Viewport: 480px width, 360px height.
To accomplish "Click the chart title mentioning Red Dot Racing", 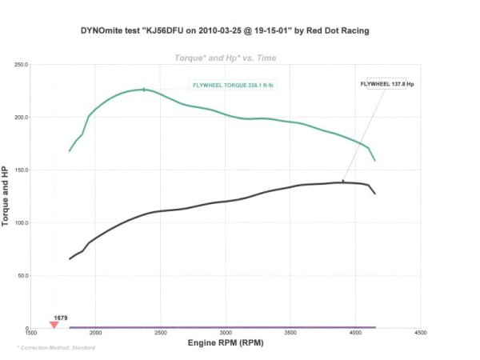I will [225, 31].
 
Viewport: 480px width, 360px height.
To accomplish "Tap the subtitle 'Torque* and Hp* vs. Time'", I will [226, 58].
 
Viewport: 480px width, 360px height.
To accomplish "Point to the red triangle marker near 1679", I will [54, 325].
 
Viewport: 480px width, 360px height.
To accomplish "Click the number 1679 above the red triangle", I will [61, 318].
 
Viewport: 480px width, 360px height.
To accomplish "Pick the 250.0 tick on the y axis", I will [21, 64].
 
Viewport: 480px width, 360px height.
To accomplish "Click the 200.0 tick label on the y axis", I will [21, 117].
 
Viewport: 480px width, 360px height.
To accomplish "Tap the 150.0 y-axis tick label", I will [21, 170].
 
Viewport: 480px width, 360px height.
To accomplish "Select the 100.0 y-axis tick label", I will [21, 222].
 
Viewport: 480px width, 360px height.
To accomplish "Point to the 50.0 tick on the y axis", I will [22, 275].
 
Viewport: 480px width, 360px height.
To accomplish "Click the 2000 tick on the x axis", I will [96, 334].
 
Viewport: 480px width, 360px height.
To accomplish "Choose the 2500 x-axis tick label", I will [162, 334].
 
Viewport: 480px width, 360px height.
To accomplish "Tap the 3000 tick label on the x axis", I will [226, 334].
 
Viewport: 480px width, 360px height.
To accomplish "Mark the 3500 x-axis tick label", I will [291, 334].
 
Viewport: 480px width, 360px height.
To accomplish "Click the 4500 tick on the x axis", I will [421, 334].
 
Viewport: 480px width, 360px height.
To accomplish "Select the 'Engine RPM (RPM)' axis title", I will [226, 342].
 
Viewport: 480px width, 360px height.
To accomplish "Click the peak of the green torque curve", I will [144, 90].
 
